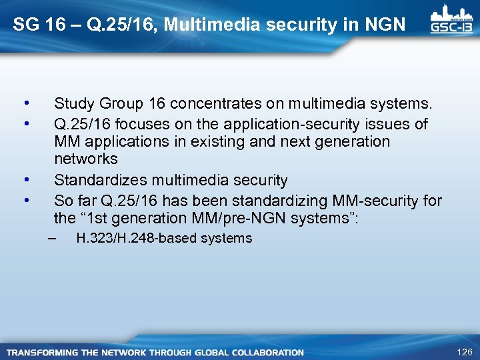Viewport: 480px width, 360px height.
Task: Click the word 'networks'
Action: [x=85, y=159]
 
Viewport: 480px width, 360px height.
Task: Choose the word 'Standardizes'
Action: [x=99, y=181]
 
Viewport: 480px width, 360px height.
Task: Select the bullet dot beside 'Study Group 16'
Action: [x=25, y=103]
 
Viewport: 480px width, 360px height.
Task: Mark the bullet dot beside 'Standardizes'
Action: [x=25, y=180]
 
